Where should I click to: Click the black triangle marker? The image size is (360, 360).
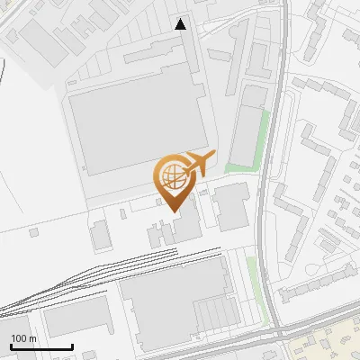181,24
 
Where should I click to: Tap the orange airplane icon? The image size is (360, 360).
200,164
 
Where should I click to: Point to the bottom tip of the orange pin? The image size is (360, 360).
173,211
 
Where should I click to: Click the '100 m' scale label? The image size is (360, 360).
24,337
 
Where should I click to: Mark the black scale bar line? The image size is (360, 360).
41,346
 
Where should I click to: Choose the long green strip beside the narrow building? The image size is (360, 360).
261,135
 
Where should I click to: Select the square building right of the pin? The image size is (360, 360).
233,207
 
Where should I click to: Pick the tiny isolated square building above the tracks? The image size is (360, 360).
33,233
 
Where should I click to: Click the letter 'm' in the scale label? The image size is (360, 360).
32,337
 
